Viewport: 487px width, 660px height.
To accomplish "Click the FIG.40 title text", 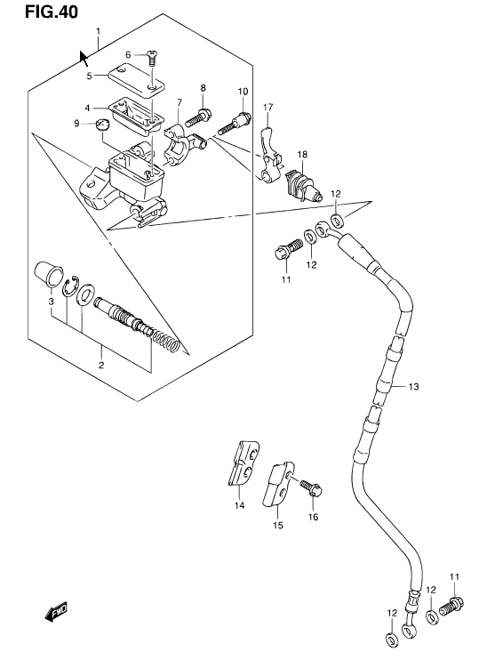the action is [52, 12].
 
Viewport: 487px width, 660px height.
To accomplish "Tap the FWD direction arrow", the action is [56, 612].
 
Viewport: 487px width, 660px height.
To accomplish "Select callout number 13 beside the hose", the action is [414, 386].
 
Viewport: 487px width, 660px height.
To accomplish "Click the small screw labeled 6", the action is [152, 59].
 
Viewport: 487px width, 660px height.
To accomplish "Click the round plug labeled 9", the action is [102, 125].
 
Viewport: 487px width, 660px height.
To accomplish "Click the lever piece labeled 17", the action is [269, 155].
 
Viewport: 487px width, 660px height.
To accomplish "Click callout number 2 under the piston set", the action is [101, 365].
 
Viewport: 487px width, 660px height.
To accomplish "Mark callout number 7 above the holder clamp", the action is [180, 102].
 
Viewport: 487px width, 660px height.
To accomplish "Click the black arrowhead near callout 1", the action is [84, 59].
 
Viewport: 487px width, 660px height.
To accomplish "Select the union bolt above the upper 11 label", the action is [288, 248].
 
